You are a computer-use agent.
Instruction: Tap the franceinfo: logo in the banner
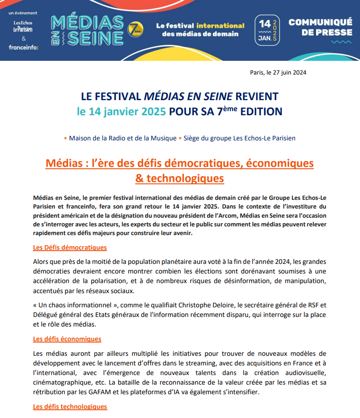click(x=23, y=47)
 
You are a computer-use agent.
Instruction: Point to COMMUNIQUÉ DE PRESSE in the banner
click(x=320, y=27)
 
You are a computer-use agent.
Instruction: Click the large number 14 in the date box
click(x=264, y=23)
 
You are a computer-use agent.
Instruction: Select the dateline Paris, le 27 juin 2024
click(x=278, y=72)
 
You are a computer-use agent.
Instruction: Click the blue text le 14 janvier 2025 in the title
click(x=121, y=111)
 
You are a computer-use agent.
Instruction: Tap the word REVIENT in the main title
click(x=257, y=96)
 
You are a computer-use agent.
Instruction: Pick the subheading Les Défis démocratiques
click(x=70, y=247)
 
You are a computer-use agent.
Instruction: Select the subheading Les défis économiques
click(x=67, y=339)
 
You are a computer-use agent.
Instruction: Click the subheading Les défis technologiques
click(x=70, y=407)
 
